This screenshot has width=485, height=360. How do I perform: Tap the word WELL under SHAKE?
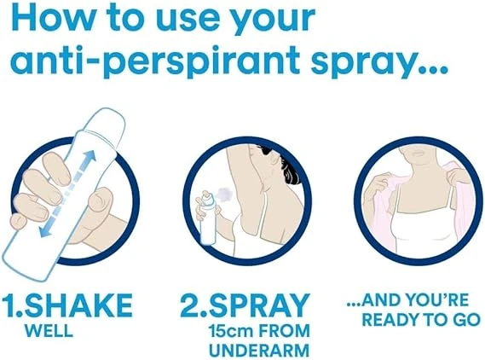click(49, 331)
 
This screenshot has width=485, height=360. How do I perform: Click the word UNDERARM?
click(259, 351)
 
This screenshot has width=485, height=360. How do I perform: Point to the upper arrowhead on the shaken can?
click(90, 156)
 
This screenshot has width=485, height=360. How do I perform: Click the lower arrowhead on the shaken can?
click(45, 230)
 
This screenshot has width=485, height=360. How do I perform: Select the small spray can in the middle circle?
click(208, 217)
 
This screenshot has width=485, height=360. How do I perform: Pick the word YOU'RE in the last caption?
click(436, 300)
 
